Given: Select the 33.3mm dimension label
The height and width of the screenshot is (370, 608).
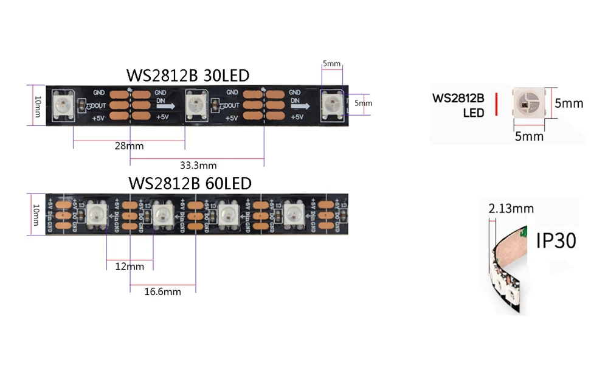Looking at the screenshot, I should (198, 165).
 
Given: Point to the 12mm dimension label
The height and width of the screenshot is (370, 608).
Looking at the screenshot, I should (129, 267).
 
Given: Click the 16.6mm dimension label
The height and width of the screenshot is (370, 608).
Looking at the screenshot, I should (162, 291).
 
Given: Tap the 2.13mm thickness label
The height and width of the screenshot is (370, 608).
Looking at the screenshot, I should (511, 209).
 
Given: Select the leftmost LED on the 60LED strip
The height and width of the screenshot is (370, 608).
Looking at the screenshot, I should (95, 213).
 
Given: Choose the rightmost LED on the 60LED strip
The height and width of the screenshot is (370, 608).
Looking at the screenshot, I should (294, 214).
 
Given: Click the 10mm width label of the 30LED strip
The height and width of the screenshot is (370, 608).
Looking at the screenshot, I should (37, 104).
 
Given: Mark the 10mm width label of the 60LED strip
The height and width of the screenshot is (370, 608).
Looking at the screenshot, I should (37, 214).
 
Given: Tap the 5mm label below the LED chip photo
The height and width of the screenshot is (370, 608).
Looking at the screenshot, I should (529, 136).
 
